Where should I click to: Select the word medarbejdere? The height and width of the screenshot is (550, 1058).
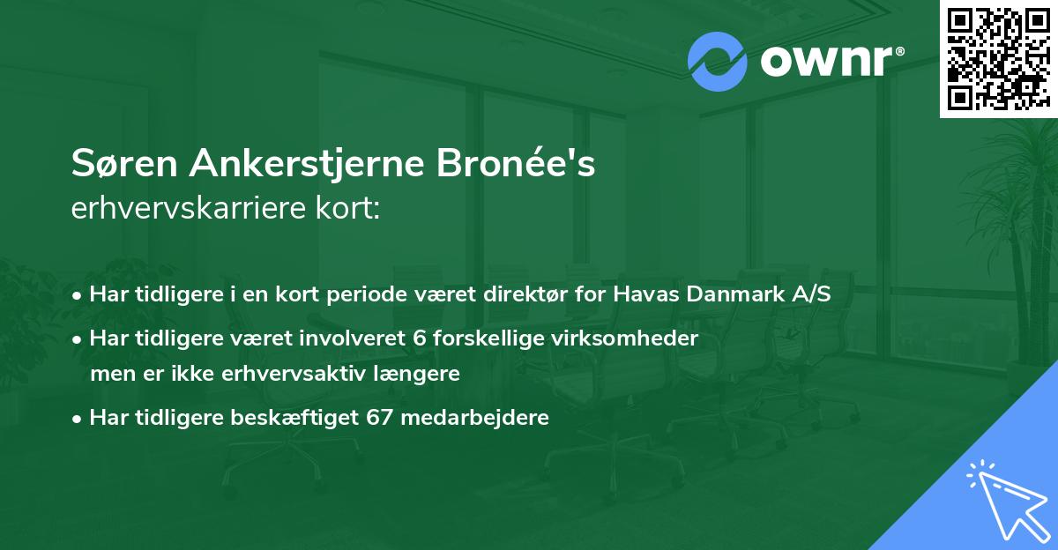click(x=474, y=418)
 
